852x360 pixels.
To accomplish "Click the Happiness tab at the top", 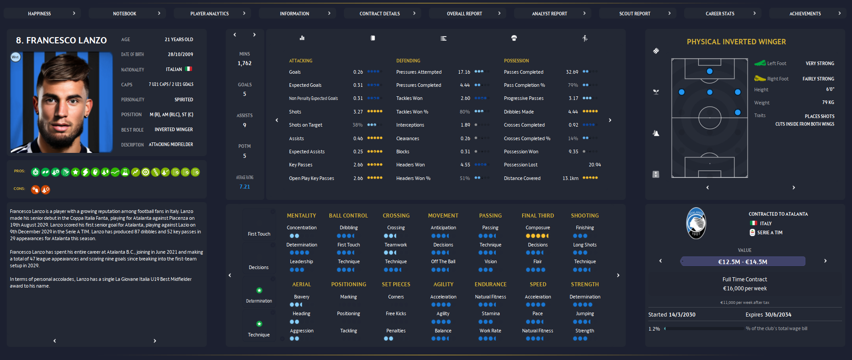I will tap(40, 14).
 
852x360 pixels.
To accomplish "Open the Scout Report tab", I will tap(635, 14).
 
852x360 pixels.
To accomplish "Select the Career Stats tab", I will tap(720, 14).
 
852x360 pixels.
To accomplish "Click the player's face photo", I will tap(61, 102).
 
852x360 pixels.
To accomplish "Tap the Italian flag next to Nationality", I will tap(189, 69).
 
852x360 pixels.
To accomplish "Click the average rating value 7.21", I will tap(244, 187).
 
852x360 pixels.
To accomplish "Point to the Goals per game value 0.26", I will tap(358, 72).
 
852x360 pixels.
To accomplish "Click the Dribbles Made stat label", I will tap(519, 112).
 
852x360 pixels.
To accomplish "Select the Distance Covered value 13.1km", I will tap(570, 178).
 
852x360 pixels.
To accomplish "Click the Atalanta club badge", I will tap(696, 223).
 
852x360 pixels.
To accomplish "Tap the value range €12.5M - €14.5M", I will tap(743, 262).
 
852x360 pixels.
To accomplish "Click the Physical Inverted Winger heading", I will tap(736, 42).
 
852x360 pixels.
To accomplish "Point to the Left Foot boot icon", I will tap(760, 63).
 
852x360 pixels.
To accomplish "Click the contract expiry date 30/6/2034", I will tap(778, 315).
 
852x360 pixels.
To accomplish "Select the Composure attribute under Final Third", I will tap(538, 228).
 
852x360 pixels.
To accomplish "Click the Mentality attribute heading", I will tap(301, 216).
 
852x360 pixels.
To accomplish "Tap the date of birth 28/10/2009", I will tap(180, 54).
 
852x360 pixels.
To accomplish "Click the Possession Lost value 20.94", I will tap(595, 165).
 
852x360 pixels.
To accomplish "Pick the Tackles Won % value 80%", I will tap(465, 112).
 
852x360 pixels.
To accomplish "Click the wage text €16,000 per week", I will tap(745, 289).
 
